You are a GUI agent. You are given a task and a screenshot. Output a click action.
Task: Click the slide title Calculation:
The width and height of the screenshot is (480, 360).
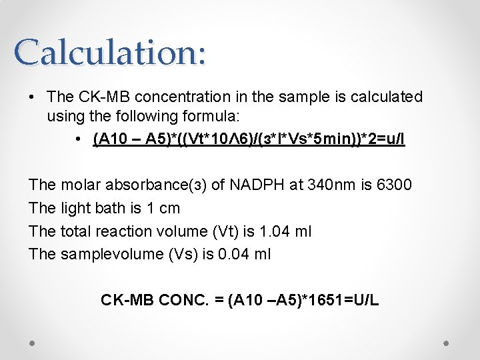click(110, 51)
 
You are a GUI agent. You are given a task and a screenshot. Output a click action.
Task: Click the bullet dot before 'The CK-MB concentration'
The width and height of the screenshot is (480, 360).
click(32, 98)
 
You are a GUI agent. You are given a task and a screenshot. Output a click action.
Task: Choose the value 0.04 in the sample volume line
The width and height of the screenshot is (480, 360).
click(236, 254)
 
